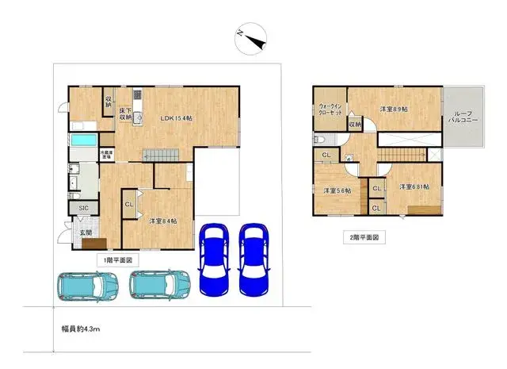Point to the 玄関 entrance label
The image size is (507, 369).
tap(86, 233)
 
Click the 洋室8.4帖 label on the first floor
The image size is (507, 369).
tap(161, 221)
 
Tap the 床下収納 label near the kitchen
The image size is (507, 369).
tap(125, 113)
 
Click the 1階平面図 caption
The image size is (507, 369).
tap(118, 259)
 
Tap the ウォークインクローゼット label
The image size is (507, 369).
tap(330, 110)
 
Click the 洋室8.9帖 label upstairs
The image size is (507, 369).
tap(394, 108)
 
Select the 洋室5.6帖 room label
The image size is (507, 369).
tap(336, 190)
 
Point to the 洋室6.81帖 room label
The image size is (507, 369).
tap(414, 186)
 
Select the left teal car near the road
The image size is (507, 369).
tap(86, 285)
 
